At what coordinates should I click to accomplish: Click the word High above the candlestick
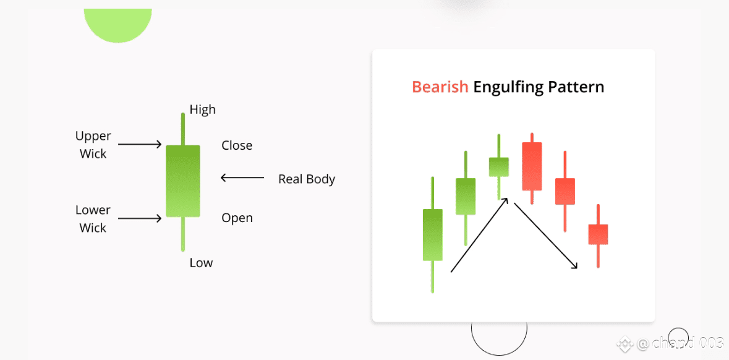(203, 109)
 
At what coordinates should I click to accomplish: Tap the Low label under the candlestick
(201, 263)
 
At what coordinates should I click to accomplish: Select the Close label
(237, 145)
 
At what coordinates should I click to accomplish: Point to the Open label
(237, 218)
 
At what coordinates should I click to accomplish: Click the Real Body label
(307, 179)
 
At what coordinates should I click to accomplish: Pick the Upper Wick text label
(93, 145)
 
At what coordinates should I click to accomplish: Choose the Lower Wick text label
(93, 218)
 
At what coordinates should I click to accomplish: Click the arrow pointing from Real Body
(242, 177)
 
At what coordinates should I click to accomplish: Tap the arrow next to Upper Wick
(140, 144)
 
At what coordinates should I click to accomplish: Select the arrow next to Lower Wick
(140, 218)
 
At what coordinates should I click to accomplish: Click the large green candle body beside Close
(183, 181)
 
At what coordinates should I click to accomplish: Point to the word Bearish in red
(440, 87)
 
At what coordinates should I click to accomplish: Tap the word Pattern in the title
(576, 87)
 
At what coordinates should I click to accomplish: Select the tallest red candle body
(532, 166)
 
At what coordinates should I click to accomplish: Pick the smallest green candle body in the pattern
(499, 167)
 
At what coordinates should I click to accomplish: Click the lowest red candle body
(598, 234)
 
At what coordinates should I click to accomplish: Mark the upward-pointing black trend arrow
(479, 234)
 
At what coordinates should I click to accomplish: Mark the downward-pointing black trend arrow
(546, 235)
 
